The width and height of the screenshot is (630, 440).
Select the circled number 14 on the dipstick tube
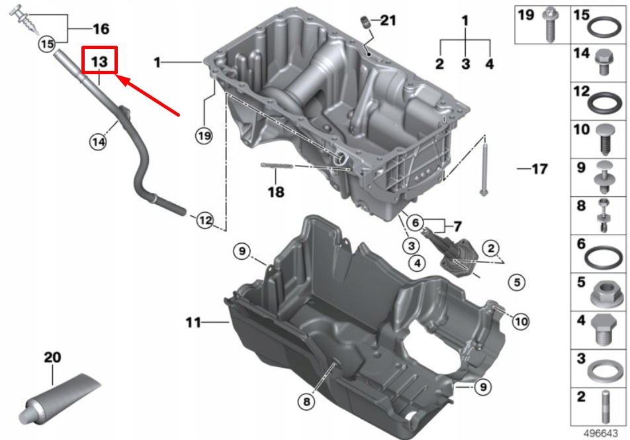coord(99,140)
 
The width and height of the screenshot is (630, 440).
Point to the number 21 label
coord(388,21)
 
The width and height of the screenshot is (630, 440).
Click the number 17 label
coord(539,169)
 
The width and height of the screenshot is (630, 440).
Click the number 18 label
coord(275,192)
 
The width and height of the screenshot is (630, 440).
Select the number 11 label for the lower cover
coord(193,323)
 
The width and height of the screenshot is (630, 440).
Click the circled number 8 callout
coord(305,400)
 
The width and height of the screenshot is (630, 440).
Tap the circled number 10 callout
coord(521,321)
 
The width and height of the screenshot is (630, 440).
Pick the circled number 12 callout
coord(204,220)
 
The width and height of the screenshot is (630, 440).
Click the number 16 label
coord(101,29)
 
